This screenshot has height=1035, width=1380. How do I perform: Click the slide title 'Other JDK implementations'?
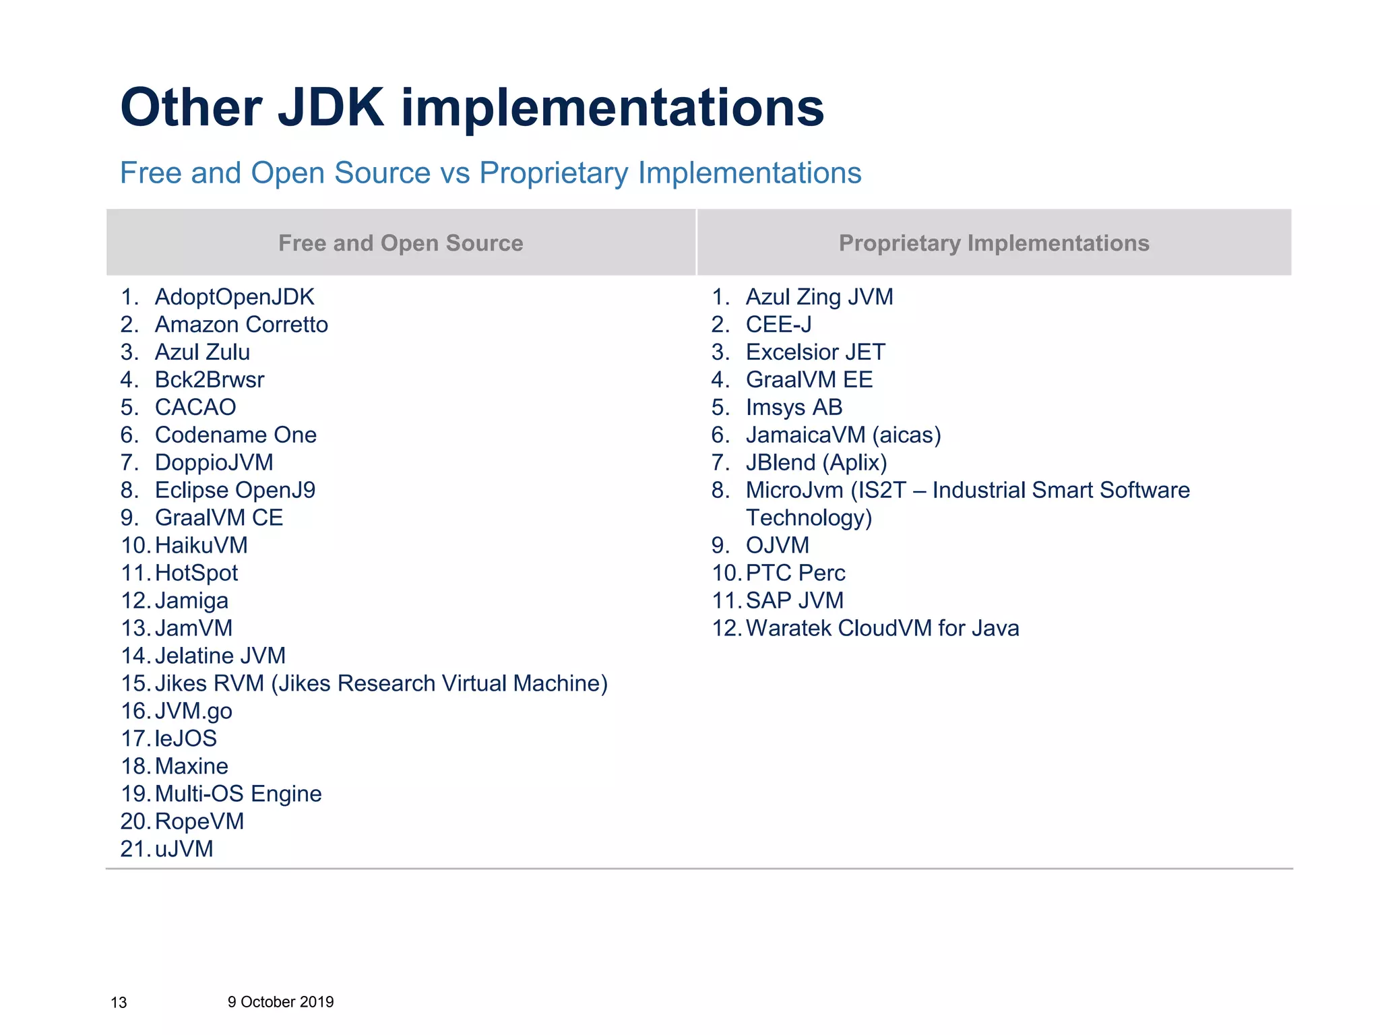click(472, 108)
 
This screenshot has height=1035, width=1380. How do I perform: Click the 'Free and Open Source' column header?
click(400, 243)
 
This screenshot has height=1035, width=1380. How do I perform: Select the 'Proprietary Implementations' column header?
click(993, 243)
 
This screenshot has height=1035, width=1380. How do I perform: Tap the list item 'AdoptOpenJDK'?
click(234, 297)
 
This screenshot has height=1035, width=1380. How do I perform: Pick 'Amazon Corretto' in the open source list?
click(241, 325)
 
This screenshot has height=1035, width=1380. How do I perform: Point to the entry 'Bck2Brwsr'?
click(210, 380)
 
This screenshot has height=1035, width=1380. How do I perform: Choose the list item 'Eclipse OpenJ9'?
click(235, 491)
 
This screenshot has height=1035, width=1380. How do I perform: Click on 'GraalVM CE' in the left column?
click(219, 518)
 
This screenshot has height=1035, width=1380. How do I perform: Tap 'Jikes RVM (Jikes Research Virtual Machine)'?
click(381, 684)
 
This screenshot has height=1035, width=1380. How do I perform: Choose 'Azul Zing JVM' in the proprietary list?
click(819, 297)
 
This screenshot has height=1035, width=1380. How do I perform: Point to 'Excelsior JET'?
click(815, 352)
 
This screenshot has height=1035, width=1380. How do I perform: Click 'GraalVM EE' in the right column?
click(809, 380)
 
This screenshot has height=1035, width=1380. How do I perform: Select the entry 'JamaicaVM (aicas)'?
click(843, 435)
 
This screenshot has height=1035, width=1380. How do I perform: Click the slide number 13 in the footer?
click(119, 1003)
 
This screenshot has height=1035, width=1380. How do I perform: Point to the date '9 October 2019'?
click(280, 1002)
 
